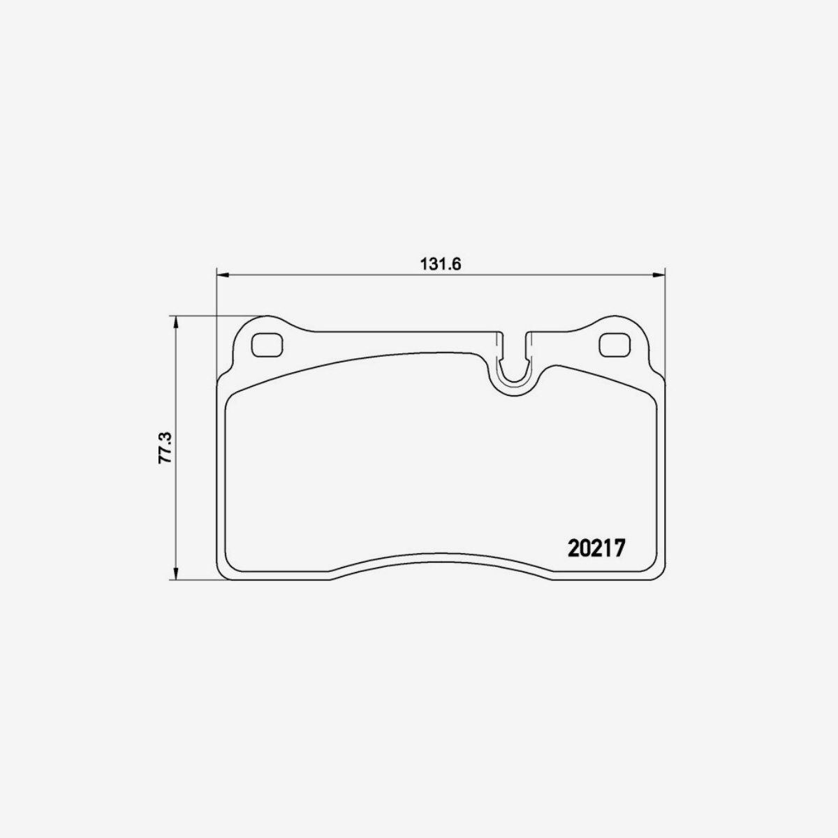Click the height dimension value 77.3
coord(164,447)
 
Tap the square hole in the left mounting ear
coord(266,344)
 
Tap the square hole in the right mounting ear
coord(615,344)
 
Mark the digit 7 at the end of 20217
coord(618,547)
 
